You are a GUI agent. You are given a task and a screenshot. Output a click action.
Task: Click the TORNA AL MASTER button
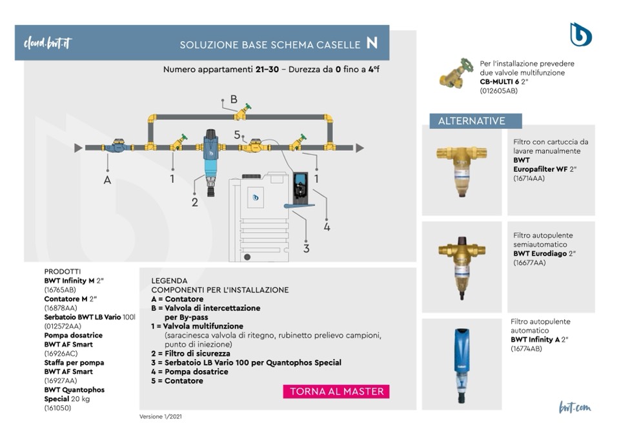coord(336,391)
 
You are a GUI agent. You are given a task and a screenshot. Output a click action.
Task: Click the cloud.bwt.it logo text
coord(47,43)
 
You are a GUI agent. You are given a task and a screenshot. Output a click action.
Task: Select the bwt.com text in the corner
coord(575,407)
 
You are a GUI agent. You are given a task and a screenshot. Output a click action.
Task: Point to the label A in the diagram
coord(107,180)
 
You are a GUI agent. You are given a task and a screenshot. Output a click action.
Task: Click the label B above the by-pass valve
coord(234,100)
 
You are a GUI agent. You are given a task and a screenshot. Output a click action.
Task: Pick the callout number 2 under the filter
coord(195,202)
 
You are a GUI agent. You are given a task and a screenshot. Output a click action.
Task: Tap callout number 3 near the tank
coord(307,248)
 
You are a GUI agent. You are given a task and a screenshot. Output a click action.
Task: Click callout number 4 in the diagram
coord(327,226)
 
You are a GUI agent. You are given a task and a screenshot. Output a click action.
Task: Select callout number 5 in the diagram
coord(238,135)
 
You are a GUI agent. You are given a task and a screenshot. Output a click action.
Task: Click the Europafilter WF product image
coord(461,169)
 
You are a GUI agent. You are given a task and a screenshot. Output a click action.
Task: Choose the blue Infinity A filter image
coord(461,362)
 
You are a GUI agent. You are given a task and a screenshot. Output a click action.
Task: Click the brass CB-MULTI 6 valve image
coord(456,75)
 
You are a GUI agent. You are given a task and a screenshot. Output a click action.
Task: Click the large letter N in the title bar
coord(372,43)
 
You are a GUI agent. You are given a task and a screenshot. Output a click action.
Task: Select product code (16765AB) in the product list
coord(60,290)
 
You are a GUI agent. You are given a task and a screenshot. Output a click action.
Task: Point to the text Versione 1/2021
coord(161,416)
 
